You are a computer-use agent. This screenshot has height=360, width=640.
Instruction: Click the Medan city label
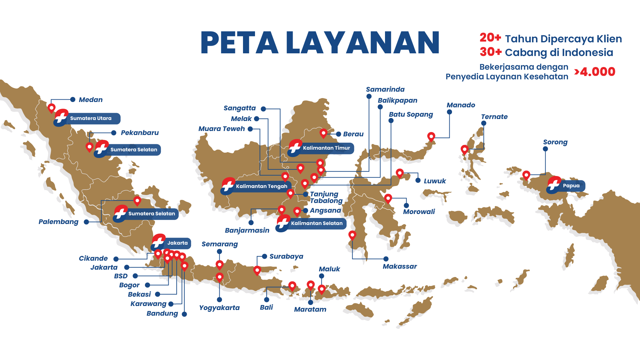pyautogui.click(x=91, y=100)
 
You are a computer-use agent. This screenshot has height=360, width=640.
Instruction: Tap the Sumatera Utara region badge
pyautogui.click(x=87, y=118)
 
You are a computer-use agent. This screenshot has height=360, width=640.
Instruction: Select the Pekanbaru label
pyautogui.click(x=140, y=133)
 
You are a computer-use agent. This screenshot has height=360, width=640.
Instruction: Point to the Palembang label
pyautogui.click(x=58, y=222)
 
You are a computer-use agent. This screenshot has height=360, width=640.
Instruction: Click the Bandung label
pyautogui.click(x=162, y=313)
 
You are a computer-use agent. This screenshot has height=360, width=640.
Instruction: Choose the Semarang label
pyautogui.click(x=220, y=244)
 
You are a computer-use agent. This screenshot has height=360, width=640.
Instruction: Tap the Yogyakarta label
pyautogui.click(x=219, y=308)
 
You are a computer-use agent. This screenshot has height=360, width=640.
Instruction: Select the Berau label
pyautogui.click(x=353, y=134)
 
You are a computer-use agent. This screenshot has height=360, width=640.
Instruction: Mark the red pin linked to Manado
pyautogui.click(x=431, y=136)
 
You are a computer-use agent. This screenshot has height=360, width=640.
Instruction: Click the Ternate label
pyautogui.click(x=494, y=117)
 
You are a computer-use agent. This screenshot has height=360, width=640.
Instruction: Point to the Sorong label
pyautogui.click(x=555, y=142)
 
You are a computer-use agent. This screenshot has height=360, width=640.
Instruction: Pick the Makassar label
pyautogui.click(x=400, y=266)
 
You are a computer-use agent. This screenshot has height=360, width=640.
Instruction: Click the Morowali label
pyautogui.click(x=419, y=212)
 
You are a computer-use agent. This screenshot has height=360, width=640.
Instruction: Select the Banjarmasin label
pyautogui.click(x=247, y=230)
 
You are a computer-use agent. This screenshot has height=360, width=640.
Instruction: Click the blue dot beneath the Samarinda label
pyautogui.click(x=369, y=96)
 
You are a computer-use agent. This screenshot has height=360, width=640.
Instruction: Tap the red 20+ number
pyautogui.click(x=490, y=38)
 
